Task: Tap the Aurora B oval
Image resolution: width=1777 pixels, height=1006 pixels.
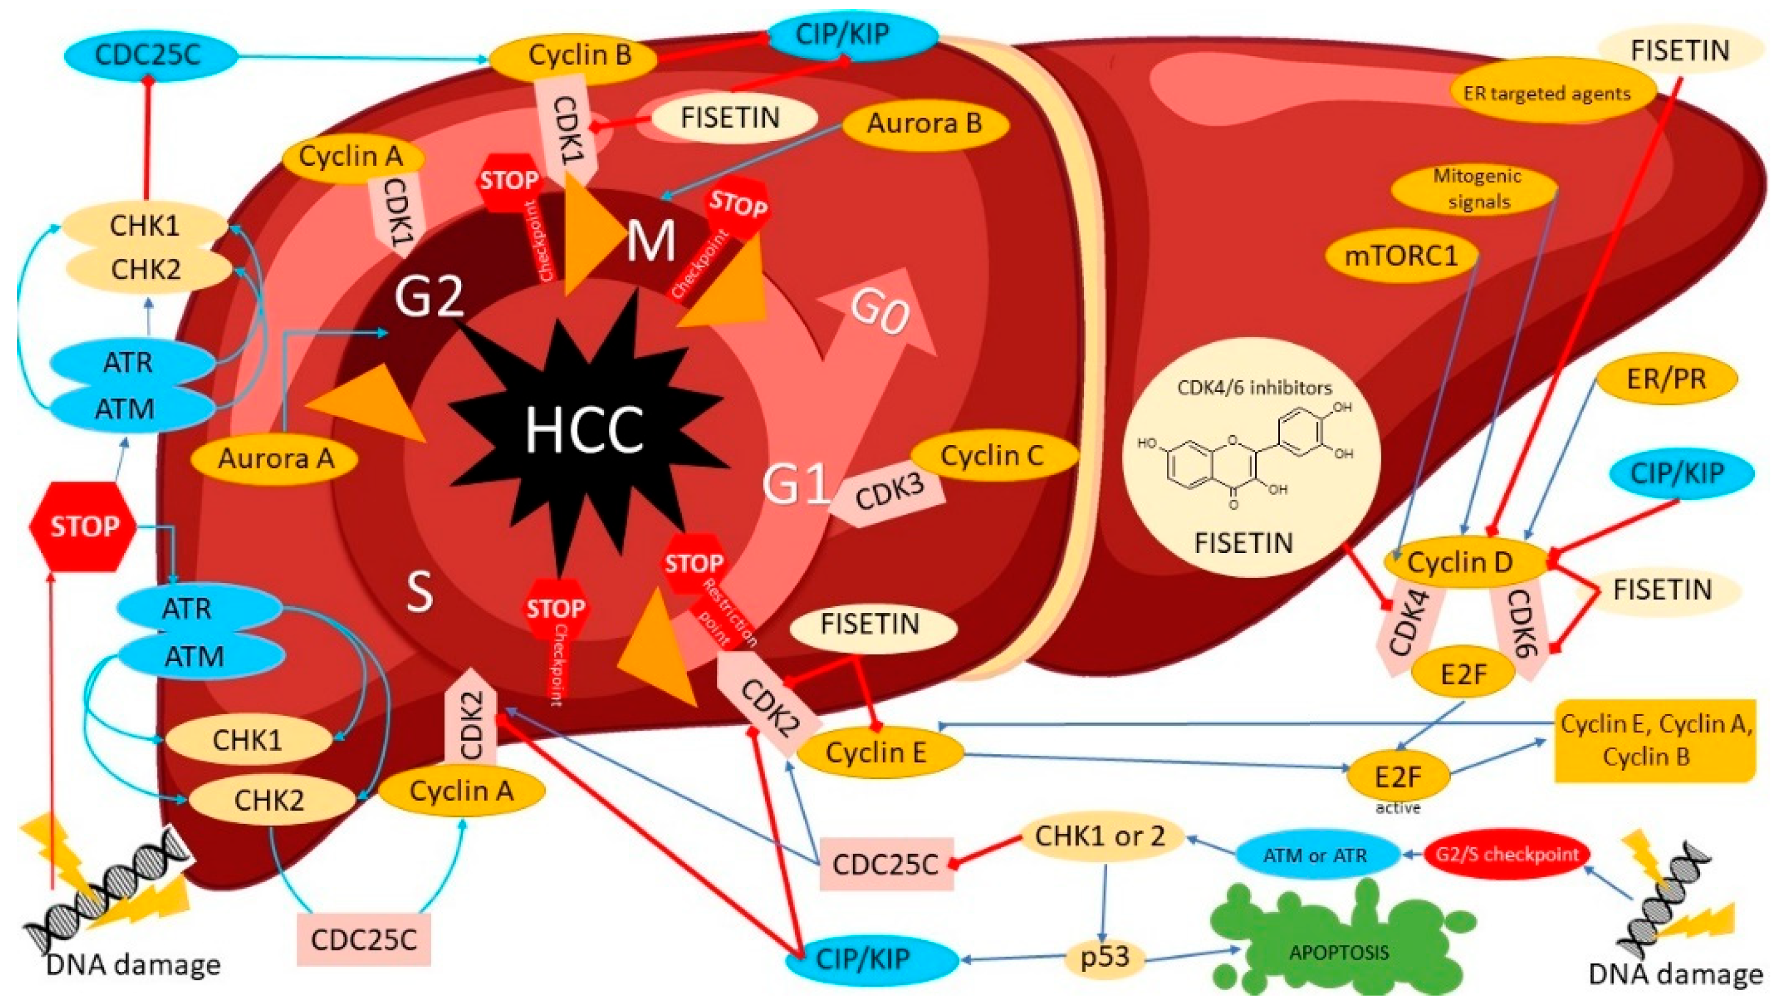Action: [x=923, y=124]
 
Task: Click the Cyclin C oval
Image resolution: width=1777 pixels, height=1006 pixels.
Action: [x=992, y=456]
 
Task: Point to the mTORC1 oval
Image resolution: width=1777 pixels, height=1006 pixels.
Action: [x=1401, y=256]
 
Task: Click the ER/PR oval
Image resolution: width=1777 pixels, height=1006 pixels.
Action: [x=1666, y=378]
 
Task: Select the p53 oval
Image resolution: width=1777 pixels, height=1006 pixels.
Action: [x=1104, y=957]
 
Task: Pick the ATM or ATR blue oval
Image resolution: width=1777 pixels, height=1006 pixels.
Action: [x=1315, y=855]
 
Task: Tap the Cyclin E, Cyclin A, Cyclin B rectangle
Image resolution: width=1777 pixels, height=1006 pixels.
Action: [x=1655, y=740]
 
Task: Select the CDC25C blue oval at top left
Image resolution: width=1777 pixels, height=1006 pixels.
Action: [x=148, y=54]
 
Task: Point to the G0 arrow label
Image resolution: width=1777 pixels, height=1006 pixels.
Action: [x=879, y=313]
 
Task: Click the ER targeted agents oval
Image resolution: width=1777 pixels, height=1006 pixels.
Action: [x=1547, y=93]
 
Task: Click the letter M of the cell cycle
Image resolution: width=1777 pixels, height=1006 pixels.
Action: [x=650, y=242]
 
